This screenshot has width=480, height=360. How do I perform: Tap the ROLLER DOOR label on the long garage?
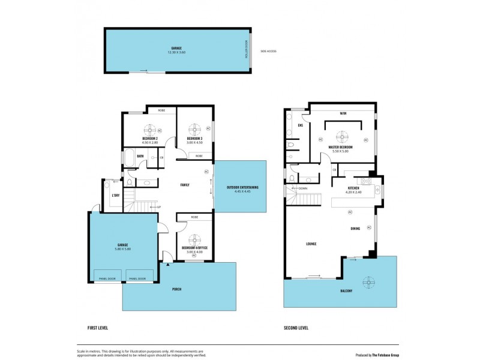(x=246, y=49)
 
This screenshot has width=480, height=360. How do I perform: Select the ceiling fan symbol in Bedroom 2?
(x=149, y=129)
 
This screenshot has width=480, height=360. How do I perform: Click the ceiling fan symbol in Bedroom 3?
(x=195, y=129)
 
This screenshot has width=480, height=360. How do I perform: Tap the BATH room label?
(x=140, y=157)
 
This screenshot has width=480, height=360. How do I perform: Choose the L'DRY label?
(x=114, y=195)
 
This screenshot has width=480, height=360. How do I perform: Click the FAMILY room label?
(x=185, y=184)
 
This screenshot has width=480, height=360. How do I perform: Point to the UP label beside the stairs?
(x=158, y=207)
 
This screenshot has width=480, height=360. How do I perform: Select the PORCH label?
(x=177, y=289)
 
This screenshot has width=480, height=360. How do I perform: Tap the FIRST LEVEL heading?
(x=98, y=328)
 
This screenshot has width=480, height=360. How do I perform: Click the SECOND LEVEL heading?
(x=296, y=328)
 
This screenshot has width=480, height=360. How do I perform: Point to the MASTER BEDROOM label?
(x=340, y=147)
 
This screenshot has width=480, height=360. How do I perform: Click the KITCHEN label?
(x=354, y=188)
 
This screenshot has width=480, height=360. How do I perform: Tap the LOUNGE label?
(x=311, y=243)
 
